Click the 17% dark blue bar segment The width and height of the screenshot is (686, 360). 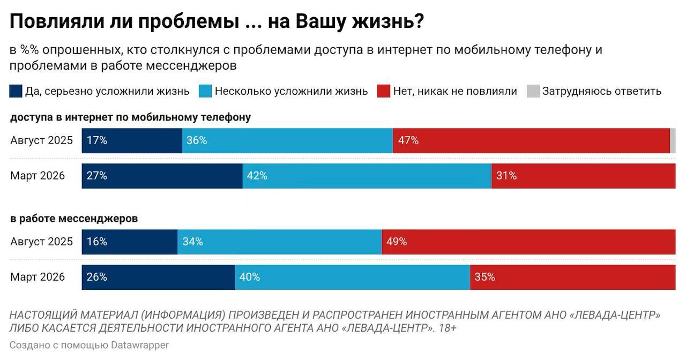(x=132, y=141)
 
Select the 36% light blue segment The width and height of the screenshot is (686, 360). (x=287, y=141)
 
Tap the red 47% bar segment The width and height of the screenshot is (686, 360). (x=531, y=141)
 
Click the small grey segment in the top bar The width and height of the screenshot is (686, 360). (x=673, y=141)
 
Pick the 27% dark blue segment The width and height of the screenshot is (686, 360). (x=162, y=176)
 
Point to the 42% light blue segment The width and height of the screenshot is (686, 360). (x=367, y=176)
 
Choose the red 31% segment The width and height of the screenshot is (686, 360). (x=583, y=176)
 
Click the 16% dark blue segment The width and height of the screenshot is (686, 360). (x=130, y=242)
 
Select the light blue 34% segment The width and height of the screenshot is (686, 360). (x=279, y=242)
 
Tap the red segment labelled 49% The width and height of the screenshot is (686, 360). (x=528, y=242)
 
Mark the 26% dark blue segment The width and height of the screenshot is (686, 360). (x=158, y=277)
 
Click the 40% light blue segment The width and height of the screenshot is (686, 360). (x=353, y=277)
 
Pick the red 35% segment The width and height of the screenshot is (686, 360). (x=572, y=277)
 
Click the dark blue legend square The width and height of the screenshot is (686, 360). (x=16, y=91)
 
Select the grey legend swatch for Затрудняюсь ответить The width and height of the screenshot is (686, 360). (x=533, y=91)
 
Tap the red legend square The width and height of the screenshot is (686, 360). (x=384, y=91)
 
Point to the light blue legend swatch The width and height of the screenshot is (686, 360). (x=205, y=91)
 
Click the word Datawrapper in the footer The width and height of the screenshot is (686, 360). (x=140, y=345)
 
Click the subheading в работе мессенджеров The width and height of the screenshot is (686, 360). (x=74, y=219)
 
